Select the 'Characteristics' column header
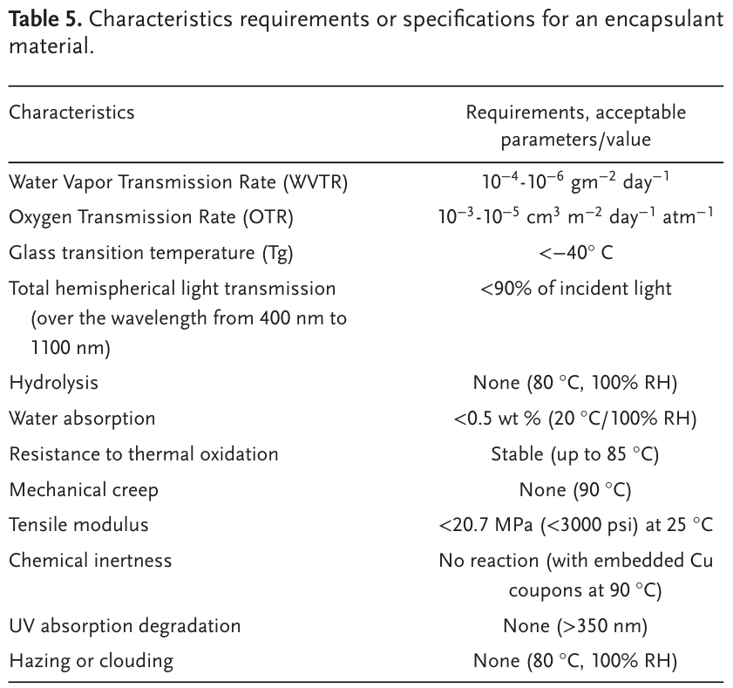point(71,112)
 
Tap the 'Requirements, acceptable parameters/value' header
point(575,126)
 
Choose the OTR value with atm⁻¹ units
point(575,216)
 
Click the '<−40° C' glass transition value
point(575,253)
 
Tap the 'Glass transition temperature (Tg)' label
point(151,253)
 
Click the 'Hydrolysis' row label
point(53,383)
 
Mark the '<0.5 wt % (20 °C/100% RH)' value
point(575,418)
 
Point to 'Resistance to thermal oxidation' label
point(144,453)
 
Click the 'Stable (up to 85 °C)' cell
point(575,453)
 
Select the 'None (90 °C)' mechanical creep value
point(575,489)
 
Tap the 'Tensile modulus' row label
point(78,524)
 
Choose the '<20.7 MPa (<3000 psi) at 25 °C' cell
point(575,524)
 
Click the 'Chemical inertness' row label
point(90,560)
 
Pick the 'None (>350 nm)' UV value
point(575,626)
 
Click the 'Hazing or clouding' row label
point(91,660)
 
